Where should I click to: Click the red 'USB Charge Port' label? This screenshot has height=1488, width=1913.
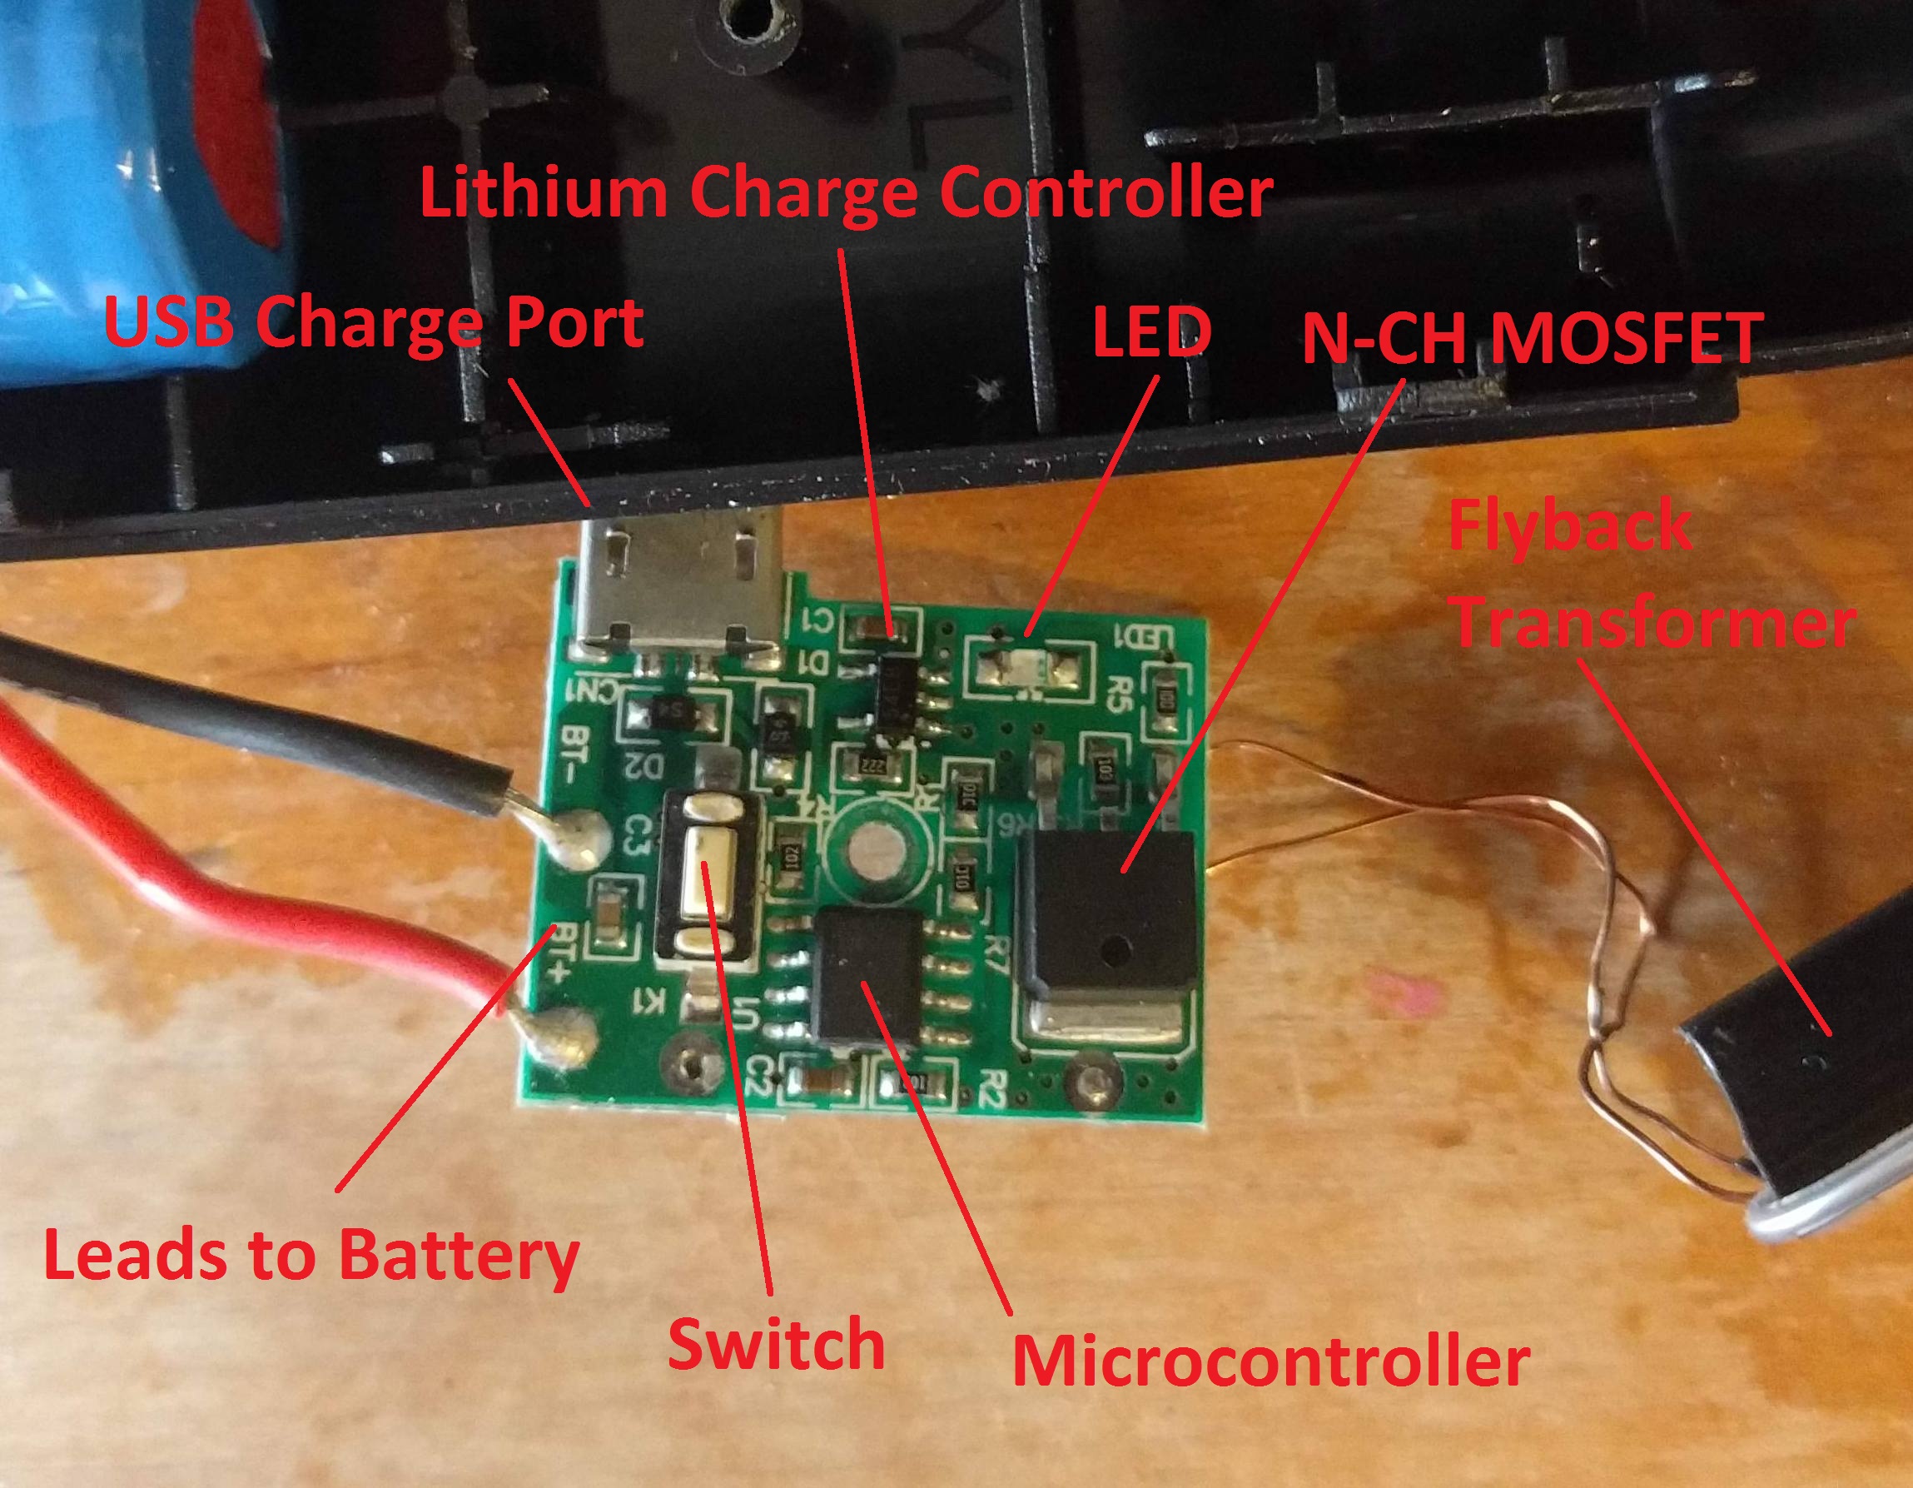[374, 322]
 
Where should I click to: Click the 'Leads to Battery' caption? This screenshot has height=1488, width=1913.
[311, 1256]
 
